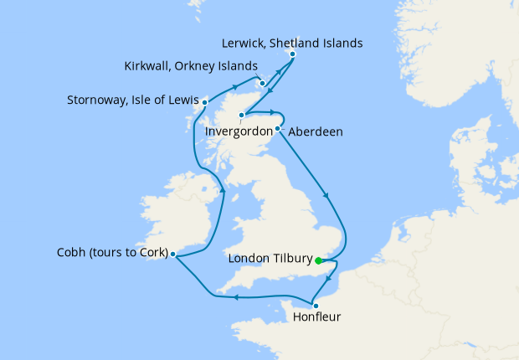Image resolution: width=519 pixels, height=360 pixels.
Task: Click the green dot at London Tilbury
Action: (319, 260)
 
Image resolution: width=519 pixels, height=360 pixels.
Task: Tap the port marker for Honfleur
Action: (315, 306)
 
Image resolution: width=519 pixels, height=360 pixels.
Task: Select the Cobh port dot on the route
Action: (172, 255)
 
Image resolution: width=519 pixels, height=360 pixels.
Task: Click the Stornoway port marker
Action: (204, 103)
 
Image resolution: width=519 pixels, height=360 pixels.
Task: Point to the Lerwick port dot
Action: (292, 55)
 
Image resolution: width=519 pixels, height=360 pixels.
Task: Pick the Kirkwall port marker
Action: (263, 83)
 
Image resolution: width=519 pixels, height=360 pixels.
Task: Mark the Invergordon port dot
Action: (242, 115)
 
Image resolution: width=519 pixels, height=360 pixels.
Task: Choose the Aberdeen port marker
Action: (277, 129)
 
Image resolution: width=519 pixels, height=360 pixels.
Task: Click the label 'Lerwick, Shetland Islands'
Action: (293, 41)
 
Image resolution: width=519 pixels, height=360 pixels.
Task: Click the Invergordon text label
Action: (240, 131)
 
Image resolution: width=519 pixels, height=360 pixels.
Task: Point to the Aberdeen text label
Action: (315, 132)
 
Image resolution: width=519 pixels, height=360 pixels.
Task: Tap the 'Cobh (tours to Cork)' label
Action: (112, 254)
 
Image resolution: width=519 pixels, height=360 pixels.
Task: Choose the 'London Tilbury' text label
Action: (270, 260)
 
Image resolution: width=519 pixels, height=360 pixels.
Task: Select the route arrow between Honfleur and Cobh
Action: (237, 296)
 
